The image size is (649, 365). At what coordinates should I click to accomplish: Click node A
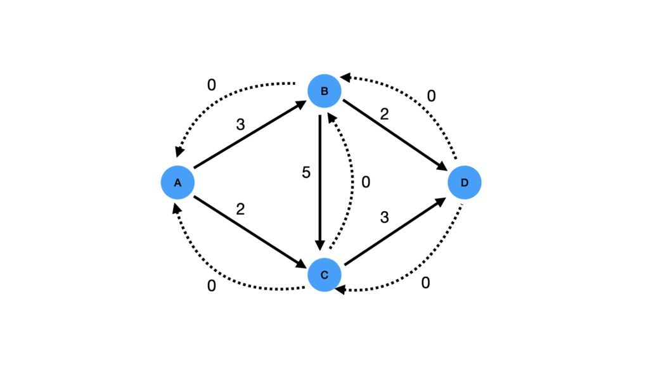point(177,182)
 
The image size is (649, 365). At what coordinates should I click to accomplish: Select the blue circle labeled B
point(324,91)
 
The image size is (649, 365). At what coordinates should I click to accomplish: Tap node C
point(324,275)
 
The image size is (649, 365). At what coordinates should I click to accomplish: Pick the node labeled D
point(465,182)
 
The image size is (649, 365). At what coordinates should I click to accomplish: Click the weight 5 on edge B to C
point(306,173)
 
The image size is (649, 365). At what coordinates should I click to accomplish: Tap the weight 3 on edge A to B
point(240,125)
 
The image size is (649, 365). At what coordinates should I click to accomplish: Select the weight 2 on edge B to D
point(384,115)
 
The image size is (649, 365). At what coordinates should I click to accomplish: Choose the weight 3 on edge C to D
point(384,217)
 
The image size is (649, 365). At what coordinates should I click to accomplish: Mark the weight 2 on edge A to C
point(240,208)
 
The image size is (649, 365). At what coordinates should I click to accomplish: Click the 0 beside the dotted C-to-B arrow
point(366,182)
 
